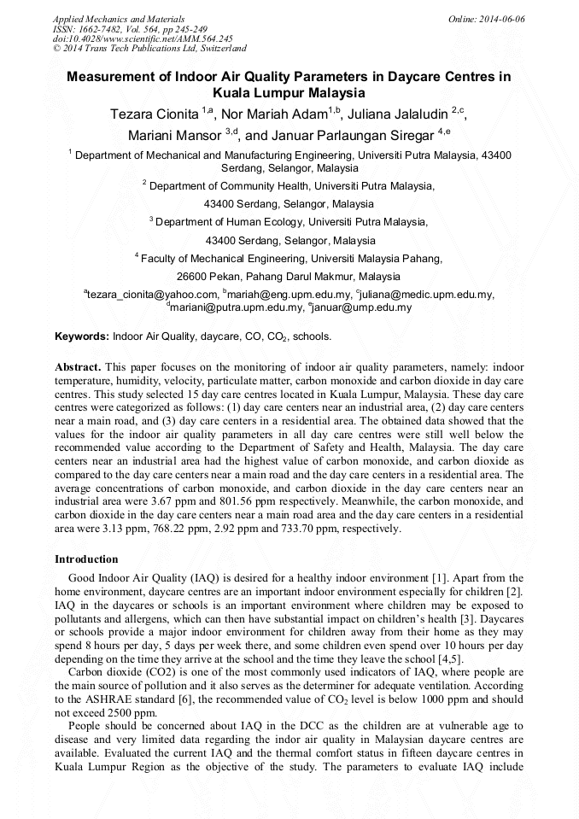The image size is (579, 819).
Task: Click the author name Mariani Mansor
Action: (x=175, y=135)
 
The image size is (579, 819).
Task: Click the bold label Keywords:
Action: (x=82, y=337)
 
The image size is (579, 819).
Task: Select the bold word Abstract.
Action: (x=78, y=366)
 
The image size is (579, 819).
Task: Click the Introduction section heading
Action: (x=86, y=559)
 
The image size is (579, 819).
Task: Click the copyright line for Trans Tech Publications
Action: (x=149, y=49)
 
